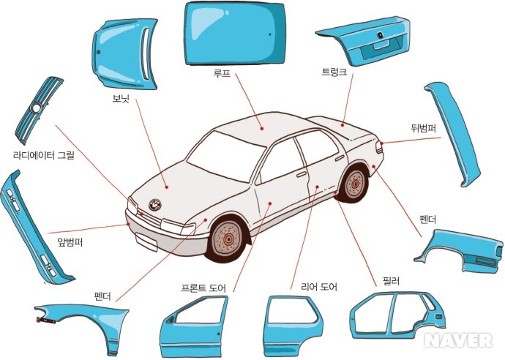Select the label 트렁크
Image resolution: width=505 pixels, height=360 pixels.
pos(334,72)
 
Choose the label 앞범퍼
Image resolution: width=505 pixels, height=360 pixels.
pos(70,244)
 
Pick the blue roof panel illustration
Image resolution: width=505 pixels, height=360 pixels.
pos(234,33)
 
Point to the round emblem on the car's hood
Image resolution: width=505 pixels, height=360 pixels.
pos(155,205)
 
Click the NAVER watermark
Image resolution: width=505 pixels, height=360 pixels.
pos(458,340)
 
